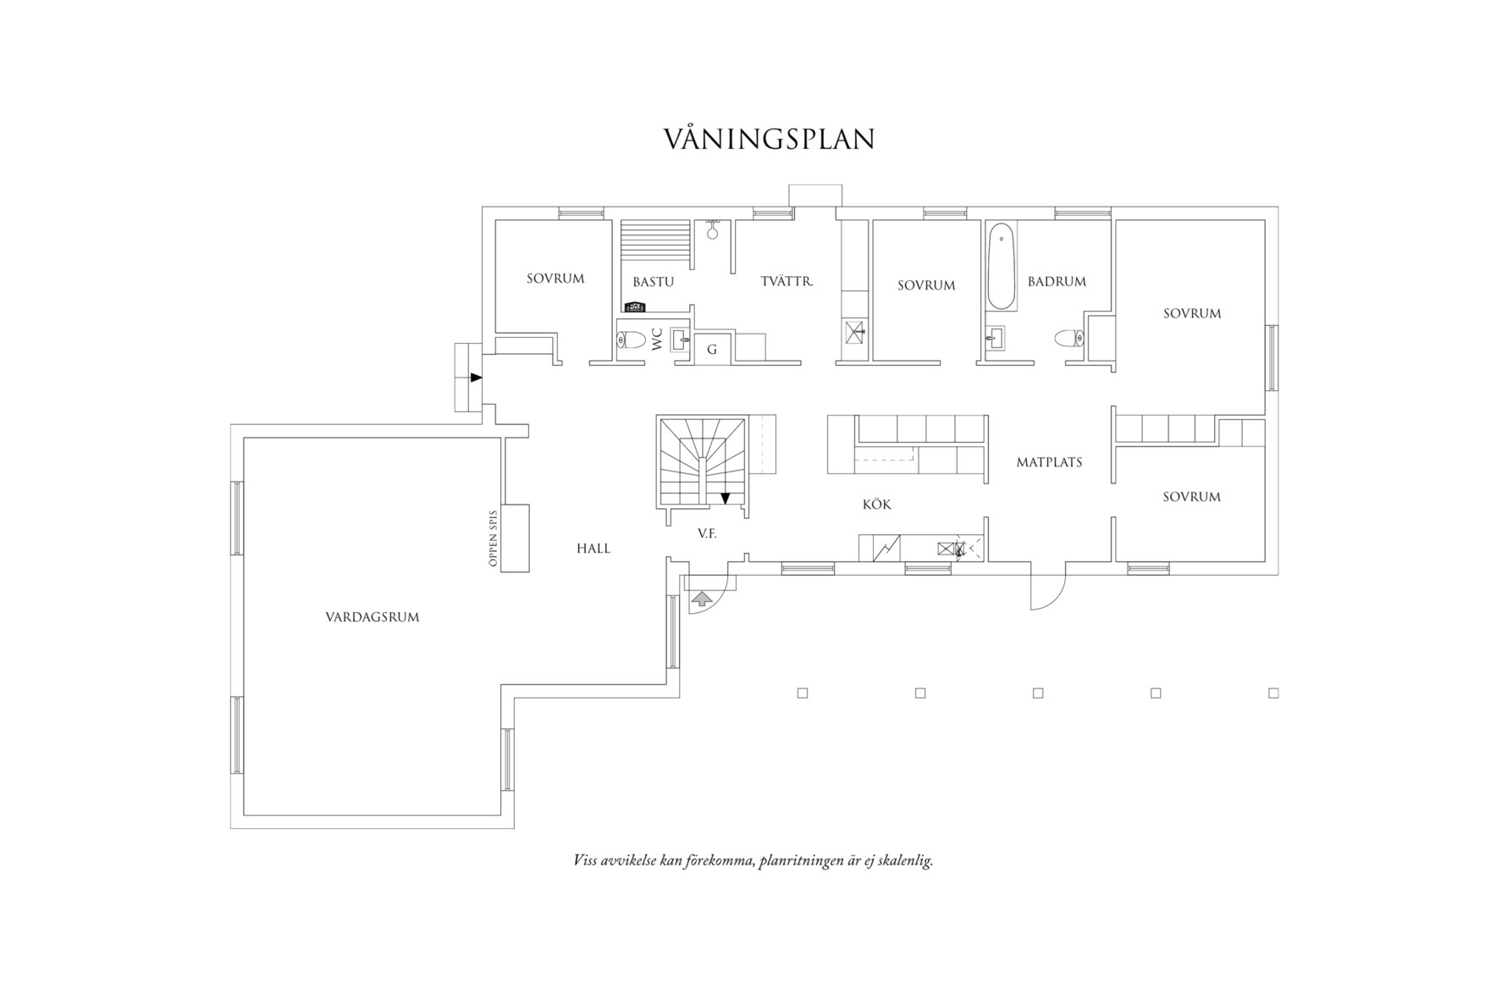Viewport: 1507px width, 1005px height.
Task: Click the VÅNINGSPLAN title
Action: click(768, 140)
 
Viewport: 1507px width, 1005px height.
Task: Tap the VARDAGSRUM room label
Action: click(372, 617)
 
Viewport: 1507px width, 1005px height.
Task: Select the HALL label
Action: click(593, 549)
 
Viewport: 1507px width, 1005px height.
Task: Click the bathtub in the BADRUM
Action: click(1002, 266)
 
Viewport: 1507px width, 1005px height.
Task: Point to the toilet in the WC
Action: click(631, 340)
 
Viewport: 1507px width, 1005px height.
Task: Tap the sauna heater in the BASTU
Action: click(635, 307)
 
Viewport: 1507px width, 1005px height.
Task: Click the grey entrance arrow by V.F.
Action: click(702, 599)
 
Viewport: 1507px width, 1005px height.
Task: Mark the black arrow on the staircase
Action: click(725, 497)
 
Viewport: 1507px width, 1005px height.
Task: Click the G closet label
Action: click(711, 349)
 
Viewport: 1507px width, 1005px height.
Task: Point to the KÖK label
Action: click(876, 505)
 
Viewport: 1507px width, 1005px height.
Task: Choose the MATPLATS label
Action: click(1049, 462)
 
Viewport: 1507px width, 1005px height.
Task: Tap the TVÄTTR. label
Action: click(787, 281)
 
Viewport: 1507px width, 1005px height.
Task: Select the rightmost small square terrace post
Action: click(1273, 693)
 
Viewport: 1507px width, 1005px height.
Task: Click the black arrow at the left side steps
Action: click(476, 377)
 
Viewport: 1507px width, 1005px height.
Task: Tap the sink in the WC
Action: click(680, 340)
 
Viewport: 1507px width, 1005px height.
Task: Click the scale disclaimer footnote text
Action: click(753, 861)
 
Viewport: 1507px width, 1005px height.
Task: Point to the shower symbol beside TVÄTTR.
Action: click(854, 331)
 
